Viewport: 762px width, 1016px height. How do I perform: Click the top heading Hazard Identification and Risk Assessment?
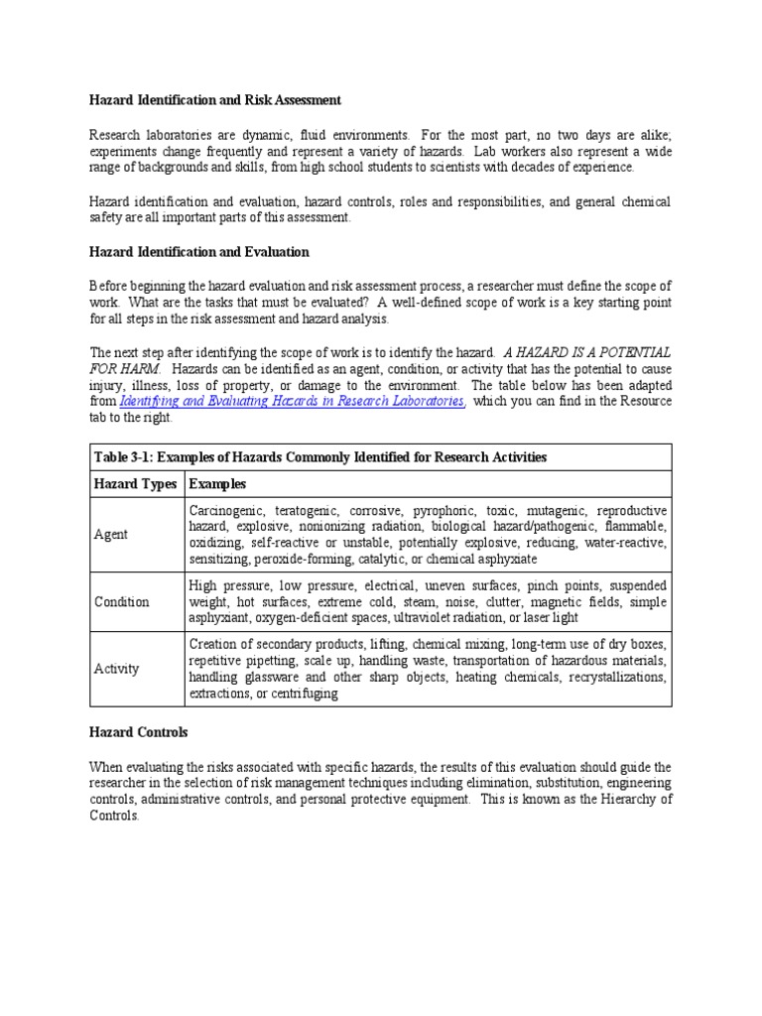215,100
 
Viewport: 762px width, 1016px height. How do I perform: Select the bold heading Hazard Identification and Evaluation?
199,252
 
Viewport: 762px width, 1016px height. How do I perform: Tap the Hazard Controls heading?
139,732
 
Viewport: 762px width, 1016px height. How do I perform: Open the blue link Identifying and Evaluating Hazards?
292,401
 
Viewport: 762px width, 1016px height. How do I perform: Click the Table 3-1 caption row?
319,456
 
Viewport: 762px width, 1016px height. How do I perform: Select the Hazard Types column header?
135,484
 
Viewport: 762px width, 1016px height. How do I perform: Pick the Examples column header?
217,484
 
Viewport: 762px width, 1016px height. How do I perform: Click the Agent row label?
110,535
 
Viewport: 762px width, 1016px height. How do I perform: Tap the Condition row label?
121,601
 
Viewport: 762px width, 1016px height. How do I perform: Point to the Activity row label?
116,669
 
